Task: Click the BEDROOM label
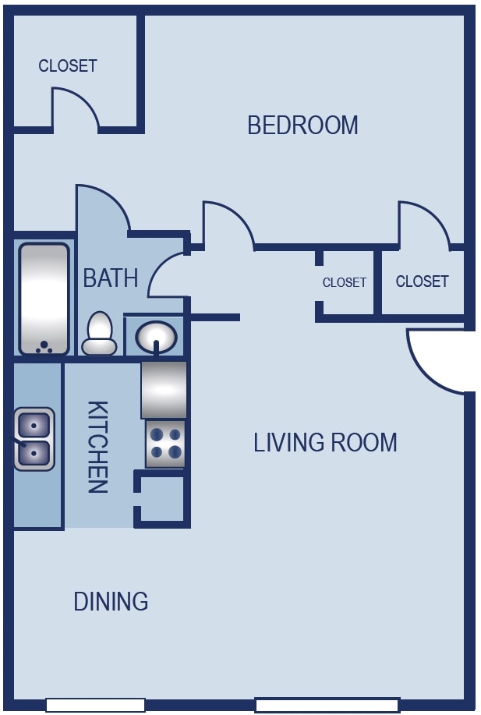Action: [x=302, y=125]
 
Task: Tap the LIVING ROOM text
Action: [x=325, y=442]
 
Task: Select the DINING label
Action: [x=111, y=601]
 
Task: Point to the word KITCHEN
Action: [x=97, y=447]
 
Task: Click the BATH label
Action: [x=110, y=278]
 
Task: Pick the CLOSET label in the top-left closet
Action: [x=68, y=66]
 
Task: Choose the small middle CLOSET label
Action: [x=344, y=282]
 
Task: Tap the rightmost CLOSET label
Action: [x=422, y=281]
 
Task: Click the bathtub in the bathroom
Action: [x=44, y=299]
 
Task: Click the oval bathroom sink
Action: [x=156, y=337]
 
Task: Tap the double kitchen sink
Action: [x=34, y=439]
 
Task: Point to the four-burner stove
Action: [x=165, y=443]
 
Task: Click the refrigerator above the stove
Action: [x=164, y=389]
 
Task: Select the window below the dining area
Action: [x=95, y=705]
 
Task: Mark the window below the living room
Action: [x=327, y=705]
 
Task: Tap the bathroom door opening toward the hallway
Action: [x=168, y=274]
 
